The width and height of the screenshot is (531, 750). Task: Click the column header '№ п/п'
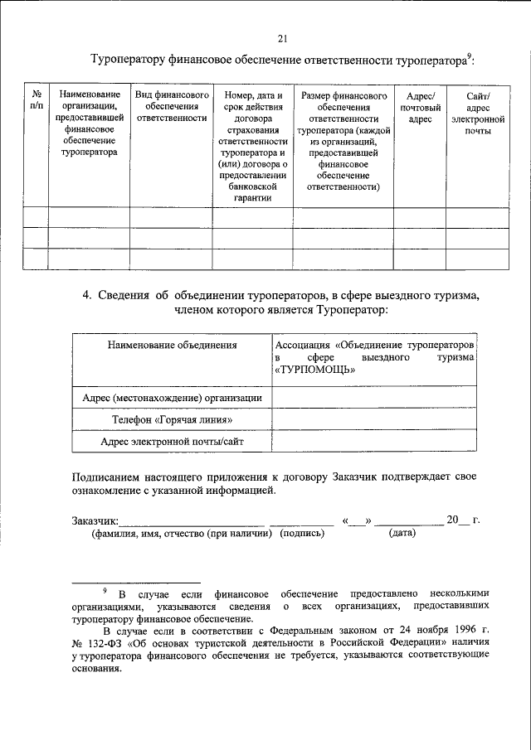[x=35, y=99]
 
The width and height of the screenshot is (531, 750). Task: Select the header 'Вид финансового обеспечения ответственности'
[x=171, y=106]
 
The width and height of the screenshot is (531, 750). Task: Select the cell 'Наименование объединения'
[x=172, y=343]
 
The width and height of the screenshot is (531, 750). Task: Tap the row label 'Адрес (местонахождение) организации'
[x=172, y=398]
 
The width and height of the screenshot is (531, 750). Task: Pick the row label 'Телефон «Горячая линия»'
[x=172, y=420]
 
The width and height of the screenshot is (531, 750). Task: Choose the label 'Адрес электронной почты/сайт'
[x=172, y=442]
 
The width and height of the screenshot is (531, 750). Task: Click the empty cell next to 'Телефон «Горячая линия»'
[x=374, y=420]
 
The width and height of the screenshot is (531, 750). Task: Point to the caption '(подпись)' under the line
[x=302, y=535]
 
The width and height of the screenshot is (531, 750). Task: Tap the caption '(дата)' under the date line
[x=402, y=535]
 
